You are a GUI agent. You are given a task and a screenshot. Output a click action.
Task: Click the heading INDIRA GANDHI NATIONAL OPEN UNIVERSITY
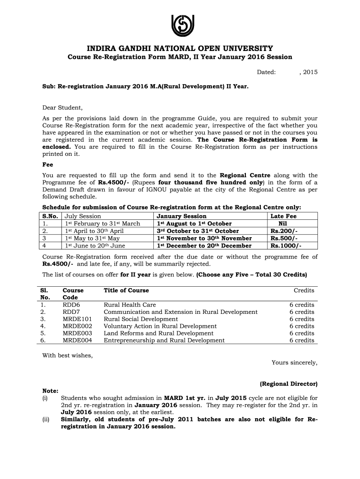pyautogui.click(x=180, y=49)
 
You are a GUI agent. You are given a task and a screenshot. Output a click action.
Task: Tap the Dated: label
pyautogui.click(x=266, y=72)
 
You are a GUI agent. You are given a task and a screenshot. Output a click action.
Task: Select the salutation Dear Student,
pyautogui.click(x=63, y=108)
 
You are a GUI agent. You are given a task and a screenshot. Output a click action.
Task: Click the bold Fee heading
pyautogui.click(x=48, y=165)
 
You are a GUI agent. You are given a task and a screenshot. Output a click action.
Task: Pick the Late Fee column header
pyautogui.click(x=283, y=216)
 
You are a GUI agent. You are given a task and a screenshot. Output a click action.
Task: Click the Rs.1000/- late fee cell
pyautogui.click(x=286, y=246)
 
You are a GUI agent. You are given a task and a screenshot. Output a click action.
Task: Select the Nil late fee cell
pyautogui.click(x=283, y=224)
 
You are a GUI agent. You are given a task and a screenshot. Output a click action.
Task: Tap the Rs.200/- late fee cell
pyautogui.click(x=284, y=231)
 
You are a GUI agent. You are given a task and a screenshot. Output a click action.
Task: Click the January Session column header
pyautogui.click(x=181, y=216)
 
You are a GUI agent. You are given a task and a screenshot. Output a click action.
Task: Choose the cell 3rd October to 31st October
pyautogui.click(x=198, y=231)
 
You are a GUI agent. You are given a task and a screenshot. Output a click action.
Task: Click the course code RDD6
pyautogui.click(x=72, y=305)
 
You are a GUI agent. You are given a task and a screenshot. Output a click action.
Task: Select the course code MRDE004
pyautogui.click(x=78, y=341)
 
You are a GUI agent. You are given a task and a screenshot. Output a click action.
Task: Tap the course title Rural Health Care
pyautogui.click(x=130, y=305)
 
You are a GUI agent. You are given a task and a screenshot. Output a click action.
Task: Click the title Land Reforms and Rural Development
pyautogui.click(x=158, y=334)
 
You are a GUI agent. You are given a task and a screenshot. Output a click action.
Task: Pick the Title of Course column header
pyautogui.click(x=126, y=290)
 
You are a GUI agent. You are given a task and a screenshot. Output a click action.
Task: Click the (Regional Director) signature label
pyautogui.click(x=288, y=384)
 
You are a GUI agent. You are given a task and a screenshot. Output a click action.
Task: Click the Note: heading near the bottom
pyautogui.click(x=50, y=391)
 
